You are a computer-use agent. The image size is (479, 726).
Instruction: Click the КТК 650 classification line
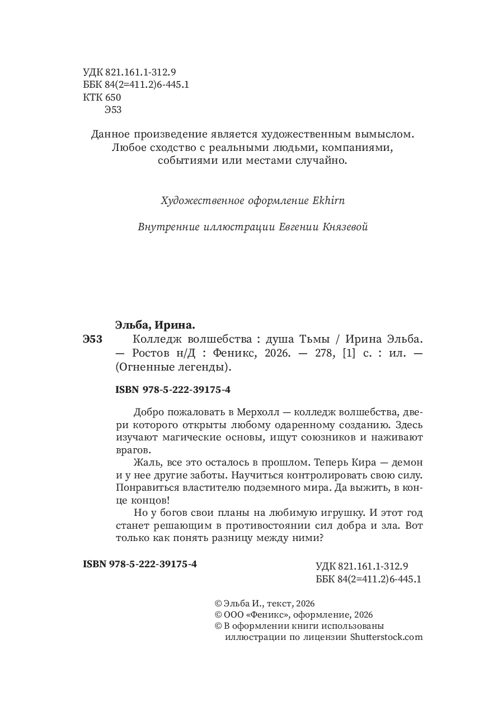(101, 97)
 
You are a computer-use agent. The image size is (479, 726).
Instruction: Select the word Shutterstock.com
(386, 637)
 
